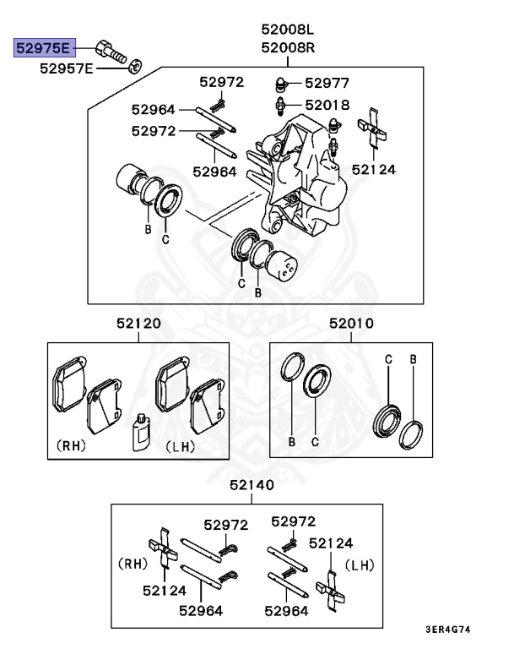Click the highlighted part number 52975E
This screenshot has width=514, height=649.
click(x=44, y=48)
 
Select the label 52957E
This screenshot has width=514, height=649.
click(x=67, y=68)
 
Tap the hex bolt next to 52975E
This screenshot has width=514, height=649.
click(x=111, y=52)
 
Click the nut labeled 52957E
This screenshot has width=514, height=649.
click(x=135, y=65)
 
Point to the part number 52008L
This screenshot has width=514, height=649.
click(x=288, y=30)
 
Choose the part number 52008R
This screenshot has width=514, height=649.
click(x=288, y=47)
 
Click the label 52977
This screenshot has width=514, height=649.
click(x=327, y=83)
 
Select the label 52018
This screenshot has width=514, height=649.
click(x=327, y=105)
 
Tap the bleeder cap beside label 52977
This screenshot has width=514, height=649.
click(x=281, y=85)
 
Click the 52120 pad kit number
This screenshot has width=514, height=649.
click(x=138, y=323)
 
